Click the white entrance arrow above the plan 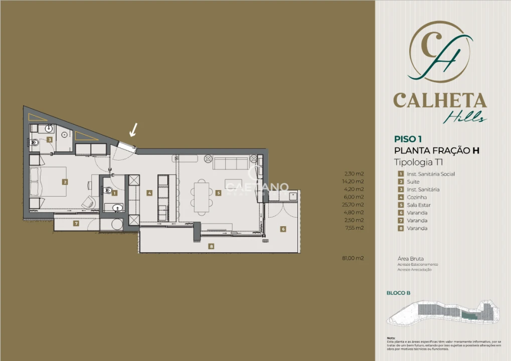pyautogui.click(x=133, y=130)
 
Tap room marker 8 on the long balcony pyautogui.click(x=212, y=246)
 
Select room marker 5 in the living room pyautogui.click(x=219, y=193)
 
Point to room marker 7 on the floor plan pyautogui.click(x=76, y=224)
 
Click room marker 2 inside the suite pyautogui.click(x=65, y=182)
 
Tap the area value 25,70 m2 pyautogui.click(x=354, y=205)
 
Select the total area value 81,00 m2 pyautogui.click(x=353, y=258)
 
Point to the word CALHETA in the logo pyautogui.click(x=440, y=100)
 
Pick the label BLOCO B pyautogui.click(x=399, y=293)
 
